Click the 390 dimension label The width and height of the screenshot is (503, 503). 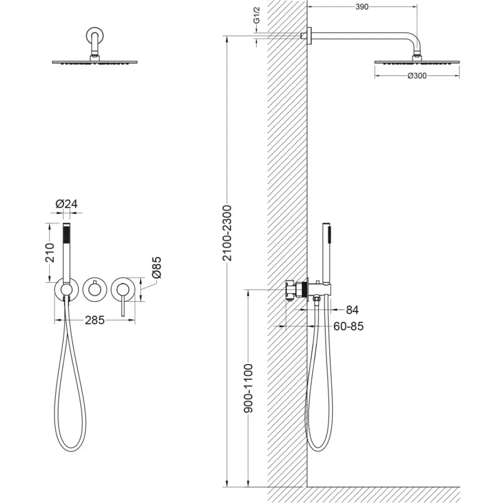[362, 7]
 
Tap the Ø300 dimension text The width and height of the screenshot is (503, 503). [417, 76]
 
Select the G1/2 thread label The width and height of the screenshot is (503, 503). [257, 15]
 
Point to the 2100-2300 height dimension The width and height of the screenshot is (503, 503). [227, 233]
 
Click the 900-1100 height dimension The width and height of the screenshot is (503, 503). [248, 388]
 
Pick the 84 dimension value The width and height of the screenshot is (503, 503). [352, 310]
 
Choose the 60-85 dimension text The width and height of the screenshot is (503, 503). [349, 326]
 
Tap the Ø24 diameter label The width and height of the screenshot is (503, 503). [66, 204]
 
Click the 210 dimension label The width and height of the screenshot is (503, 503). [50, 253]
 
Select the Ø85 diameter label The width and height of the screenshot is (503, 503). [156, 267]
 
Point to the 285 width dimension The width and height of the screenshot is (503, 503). [95, 320]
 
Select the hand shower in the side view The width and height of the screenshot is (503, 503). [326, 254]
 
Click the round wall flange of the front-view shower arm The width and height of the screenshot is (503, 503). [95, 35]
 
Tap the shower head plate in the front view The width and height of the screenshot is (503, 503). [95, 62]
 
